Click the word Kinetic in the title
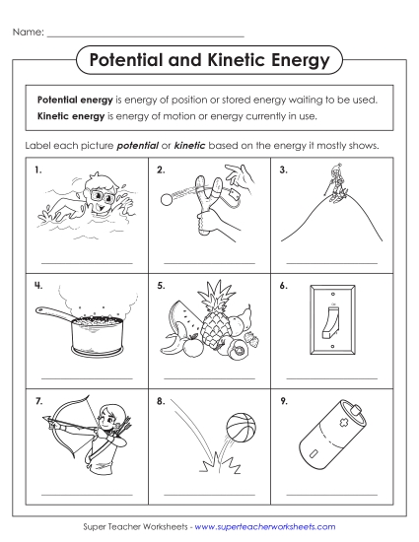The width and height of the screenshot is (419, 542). coord(240,61)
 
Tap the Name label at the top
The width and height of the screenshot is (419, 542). coord(28,33)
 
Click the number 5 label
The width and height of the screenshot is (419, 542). coord(161,287)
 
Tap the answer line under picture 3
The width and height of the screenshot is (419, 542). coord(330,262)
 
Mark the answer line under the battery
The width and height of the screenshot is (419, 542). coord(330,494)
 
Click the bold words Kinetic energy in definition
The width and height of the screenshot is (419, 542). coord(70,115)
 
